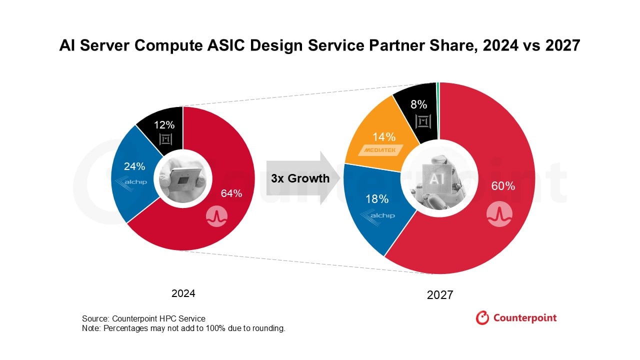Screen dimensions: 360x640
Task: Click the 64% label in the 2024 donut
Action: (231, 193)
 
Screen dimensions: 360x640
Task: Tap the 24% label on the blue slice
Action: (134, 166)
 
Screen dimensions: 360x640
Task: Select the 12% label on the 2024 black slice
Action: (164, 125)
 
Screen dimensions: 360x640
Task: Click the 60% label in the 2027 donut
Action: (503, 186)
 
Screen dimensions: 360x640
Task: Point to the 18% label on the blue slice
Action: (377, 198)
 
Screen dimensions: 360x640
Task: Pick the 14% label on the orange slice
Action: (384, 136)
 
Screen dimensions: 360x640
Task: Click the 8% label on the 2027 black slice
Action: (418, 104)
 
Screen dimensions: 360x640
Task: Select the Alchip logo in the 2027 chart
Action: (377, 215)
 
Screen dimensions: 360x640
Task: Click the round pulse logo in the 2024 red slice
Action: (217, 215)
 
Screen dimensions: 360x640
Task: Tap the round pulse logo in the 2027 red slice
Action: (499, 213)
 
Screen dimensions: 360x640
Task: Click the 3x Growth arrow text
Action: (300, 178)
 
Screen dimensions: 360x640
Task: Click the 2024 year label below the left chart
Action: (183, 293)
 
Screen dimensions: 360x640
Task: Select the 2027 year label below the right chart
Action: (439, 295)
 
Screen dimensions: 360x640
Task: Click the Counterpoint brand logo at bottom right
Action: (516, 317)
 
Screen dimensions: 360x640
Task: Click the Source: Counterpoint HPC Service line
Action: (143, 318)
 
